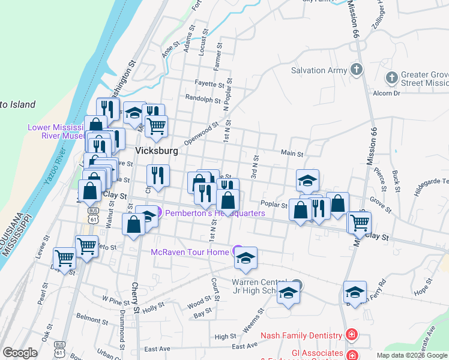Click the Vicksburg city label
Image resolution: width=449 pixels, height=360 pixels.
click(x=157, y=151)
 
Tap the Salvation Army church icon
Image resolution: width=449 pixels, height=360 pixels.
click(x=357, y=70)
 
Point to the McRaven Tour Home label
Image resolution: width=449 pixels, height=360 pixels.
click(x=190, y=252)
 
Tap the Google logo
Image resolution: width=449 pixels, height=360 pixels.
click(x=20, y=352)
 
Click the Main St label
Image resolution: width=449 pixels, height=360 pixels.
click(x=292, y=154)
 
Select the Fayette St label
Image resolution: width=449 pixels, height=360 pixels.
click(x=209, y=85)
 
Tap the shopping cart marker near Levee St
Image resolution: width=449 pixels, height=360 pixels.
click(x=64, y=257)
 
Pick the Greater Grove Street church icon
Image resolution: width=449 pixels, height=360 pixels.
click(x=391, y=78)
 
